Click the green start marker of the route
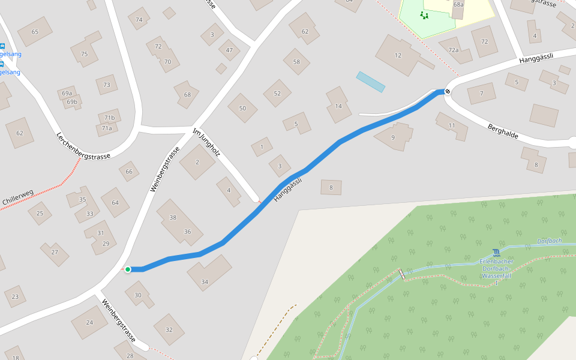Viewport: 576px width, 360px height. click(x=128, y=269)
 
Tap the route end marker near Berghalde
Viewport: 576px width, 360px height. click(x=447, y=91)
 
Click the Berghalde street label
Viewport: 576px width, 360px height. click(x=503, y=131)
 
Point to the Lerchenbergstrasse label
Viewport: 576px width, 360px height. click(x=83, y=146)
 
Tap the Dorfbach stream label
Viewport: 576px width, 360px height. click(x=549, y=241)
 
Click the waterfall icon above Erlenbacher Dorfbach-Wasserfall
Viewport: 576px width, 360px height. click(x=496, y=253)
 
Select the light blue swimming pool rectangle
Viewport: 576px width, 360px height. click(x=370, y=82)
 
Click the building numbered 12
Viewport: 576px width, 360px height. click(x=398, y=55)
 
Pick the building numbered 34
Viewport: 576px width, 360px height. click(x=205, y=282)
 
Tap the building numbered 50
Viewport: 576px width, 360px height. click(x=242, y=108)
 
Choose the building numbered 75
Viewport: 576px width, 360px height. click(x=85, y=54)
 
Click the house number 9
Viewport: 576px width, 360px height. click(x=393, y=137)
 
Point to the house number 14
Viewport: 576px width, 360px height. click(x=338, y=106)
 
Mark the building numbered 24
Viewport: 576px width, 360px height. click(x=89, y=322)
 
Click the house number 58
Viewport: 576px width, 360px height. click(x=296, y=62)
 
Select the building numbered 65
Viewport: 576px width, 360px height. click(x=35, y=32)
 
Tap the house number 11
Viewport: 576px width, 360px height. click(x=452, y=125)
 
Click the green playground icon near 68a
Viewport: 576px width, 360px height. click(x=425, y=15)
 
